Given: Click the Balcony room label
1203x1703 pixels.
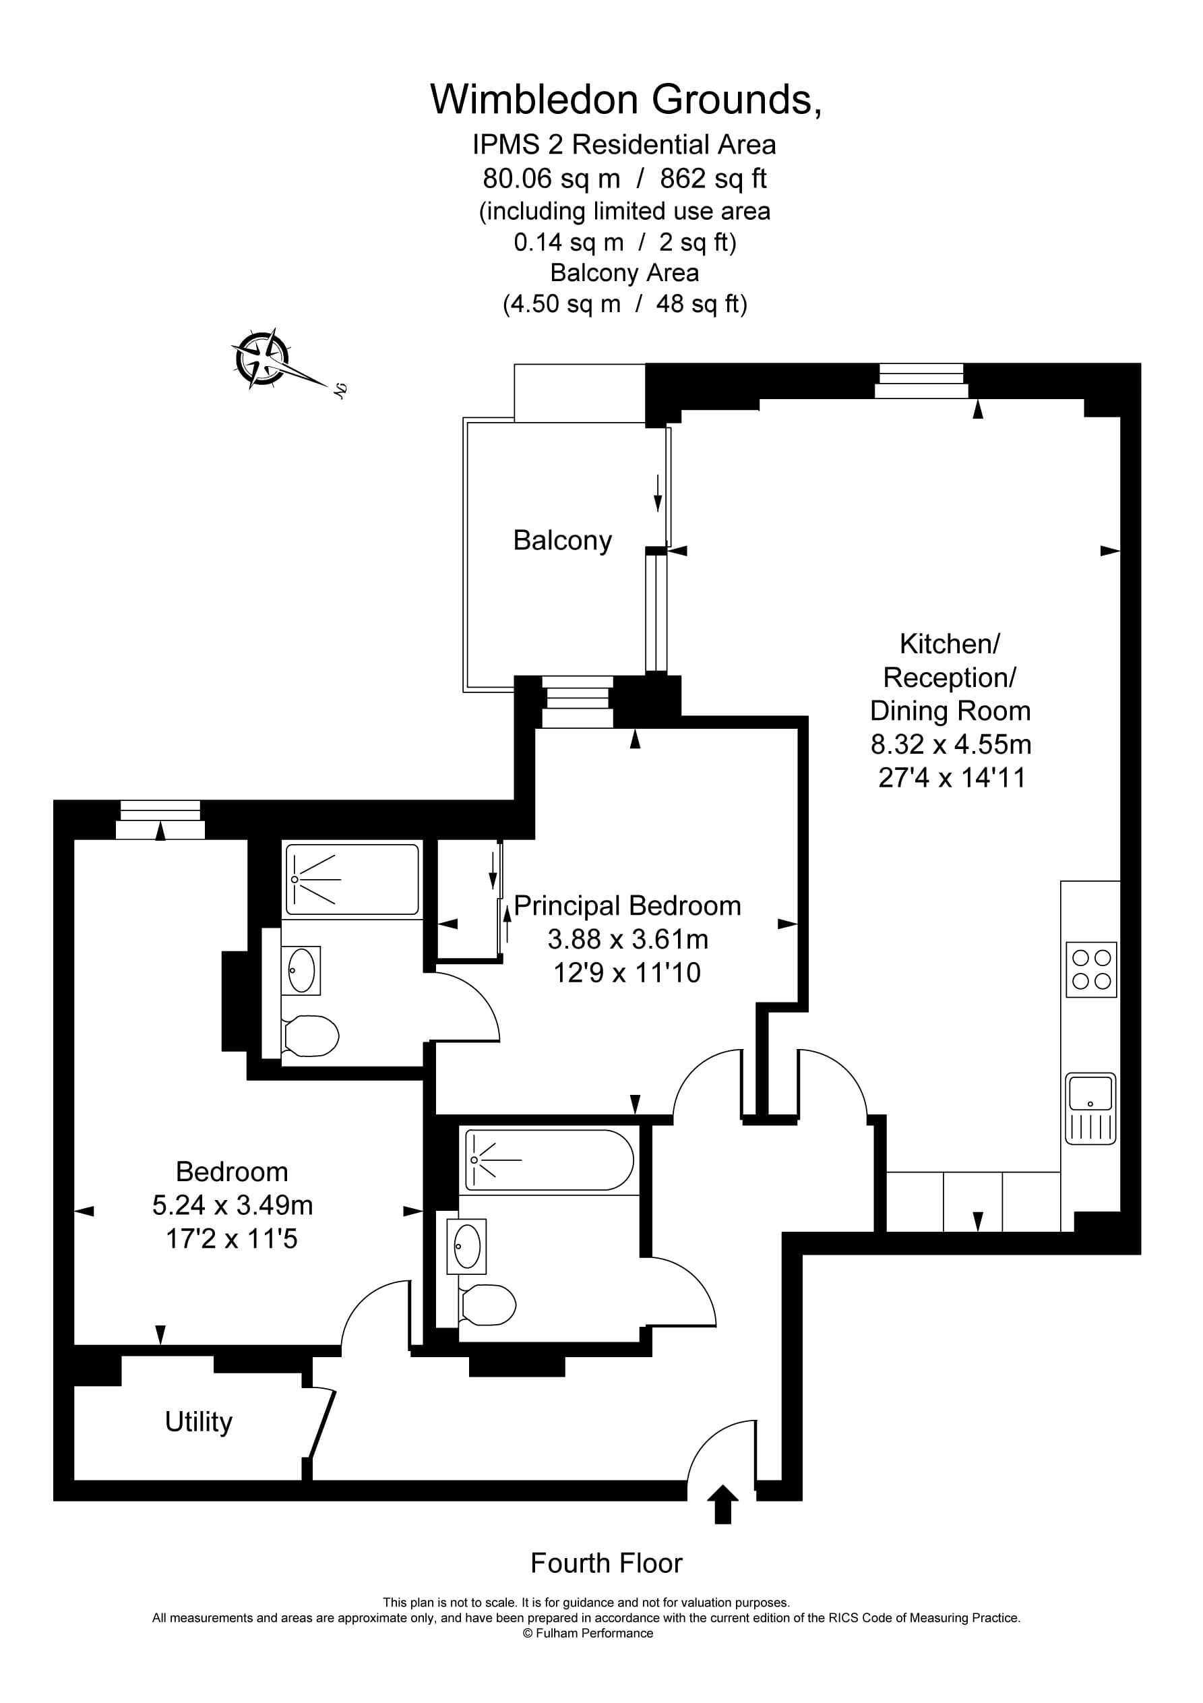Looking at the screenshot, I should click(x=562, y=540).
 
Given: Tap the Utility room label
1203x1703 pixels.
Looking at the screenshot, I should click(x=198, y=1421).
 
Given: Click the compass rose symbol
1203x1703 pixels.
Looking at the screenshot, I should click(x=261, y=358).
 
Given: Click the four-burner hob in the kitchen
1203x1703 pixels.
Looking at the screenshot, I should click(x=1091, y=969).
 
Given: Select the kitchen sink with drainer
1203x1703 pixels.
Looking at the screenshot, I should click(x=1090, y=1108).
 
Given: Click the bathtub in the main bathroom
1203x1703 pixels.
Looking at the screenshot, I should click(x=549, y=1160).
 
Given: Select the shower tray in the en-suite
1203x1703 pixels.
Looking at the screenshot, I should click(x=352, y=880).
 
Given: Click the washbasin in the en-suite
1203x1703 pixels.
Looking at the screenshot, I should click(x=301, y=969).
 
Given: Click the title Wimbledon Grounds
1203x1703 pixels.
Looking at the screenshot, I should click(x=626, y=99).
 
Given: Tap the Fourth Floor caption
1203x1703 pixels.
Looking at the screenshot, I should click(x=606, y=1563).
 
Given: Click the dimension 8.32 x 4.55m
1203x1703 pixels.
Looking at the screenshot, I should click(x=951, y=744).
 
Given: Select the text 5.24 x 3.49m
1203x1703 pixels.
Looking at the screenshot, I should click(x=232, y=1205).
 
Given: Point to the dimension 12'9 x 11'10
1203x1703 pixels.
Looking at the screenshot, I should click(x=627, y=972).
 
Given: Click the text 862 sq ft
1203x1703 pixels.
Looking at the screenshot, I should click(x=713, y=178).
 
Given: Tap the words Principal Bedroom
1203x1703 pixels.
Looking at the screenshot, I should click(x=627, y=905).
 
